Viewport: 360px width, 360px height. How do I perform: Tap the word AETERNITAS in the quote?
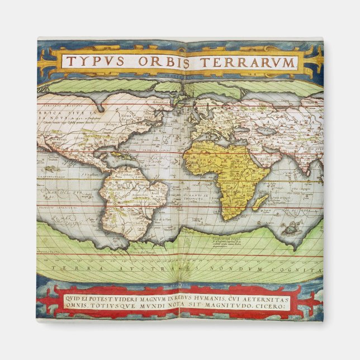pyautogui.click(x=264, y=296)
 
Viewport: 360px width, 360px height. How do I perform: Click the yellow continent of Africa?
pyautogui.click(x=224, y=168)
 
